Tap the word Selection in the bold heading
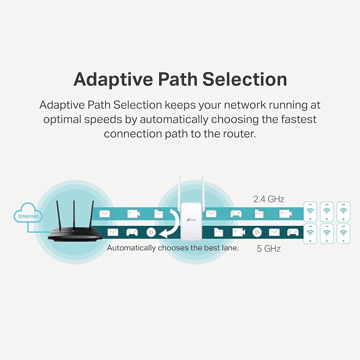pyautogui.click(x=244, y=79)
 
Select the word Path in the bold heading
pyautogui.click(x=178, y=79)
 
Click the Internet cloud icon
pyautogui.click(x=28, y=213)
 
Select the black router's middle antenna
pyautogui.click(x=74, y=214)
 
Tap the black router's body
pyautogui.click(x=75, y=235)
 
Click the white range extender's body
pyautogui.click(x=191, y=221)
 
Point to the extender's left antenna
pyautogui.click(x=181, y=190)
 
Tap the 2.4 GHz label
pyautogui.click(x=269, y=199)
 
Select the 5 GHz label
pyautogui.click(x=269, y=249)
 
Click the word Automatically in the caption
pyautogui.click(x=131, y=248)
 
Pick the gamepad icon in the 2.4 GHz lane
pyautogui.click(x=236, y=214)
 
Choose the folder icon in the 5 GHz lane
pyautogui.click(x=218, y=232)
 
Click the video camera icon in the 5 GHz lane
pyautogui.click(x=239, y=232)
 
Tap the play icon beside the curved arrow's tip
pyautogui.click(x=151, y=232)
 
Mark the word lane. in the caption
pyautogui.click(x=230, y=248)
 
